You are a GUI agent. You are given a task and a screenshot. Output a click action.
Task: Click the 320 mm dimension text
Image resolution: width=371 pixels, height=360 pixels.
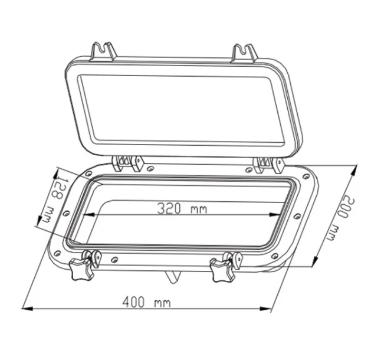pos(182,208)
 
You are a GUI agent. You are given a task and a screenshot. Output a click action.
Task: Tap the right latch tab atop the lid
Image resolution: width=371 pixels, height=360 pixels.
pos(244,53)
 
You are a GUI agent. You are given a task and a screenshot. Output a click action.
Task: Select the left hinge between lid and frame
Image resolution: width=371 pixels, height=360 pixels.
pos(128,162)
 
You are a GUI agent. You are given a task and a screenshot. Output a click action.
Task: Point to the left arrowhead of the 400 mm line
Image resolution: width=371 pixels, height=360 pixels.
pos(26,308)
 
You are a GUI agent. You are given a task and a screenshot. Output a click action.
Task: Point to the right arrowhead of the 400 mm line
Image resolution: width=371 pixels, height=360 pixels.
pos(270,308)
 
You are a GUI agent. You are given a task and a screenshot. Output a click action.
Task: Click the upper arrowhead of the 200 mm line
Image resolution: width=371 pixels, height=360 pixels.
pos(356,170)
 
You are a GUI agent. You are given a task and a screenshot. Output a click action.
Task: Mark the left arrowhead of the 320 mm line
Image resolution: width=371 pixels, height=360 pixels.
pos(84,214)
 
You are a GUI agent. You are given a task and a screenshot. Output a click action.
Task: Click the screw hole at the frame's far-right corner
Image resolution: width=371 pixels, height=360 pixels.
pos(306,175)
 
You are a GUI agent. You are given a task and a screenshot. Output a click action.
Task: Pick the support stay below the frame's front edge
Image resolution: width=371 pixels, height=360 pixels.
pos(171,276)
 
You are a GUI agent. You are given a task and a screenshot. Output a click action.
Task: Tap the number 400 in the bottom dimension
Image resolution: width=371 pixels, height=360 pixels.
pos(133,303)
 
